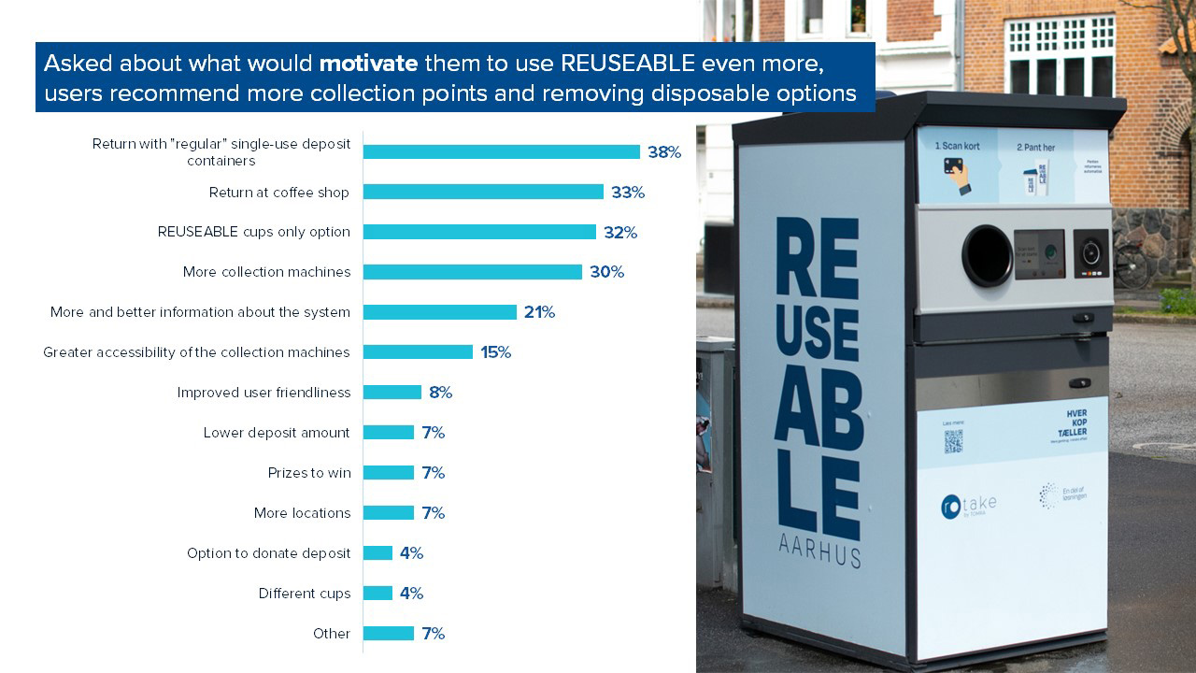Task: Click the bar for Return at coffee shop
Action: point(483,192)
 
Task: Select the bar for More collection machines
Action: point(472,272)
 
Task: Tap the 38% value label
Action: point(663,152)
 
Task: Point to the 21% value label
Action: point(539,312)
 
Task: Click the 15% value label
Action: point(495,352)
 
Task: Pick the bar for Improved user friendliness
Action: point(392,393)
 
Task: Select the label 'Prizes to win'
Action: point(309,473)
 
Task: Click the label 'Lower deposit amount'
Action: point(277,433)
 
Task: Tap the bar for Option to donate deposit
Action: point(377,553)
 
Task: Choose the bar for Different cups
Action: point(377,594)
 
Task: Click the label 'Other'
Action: point(332,634)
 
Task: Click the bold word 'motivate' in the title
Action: point(368,64)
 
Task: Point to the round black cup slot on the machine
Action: point(987,255)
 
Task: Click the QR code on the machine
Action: point(952,441)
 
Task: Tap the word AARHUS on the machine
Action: point(819,552)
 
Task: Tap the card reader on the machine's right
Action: point(1090,253)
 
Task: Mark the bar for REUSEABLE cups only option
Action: point(479,232)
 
